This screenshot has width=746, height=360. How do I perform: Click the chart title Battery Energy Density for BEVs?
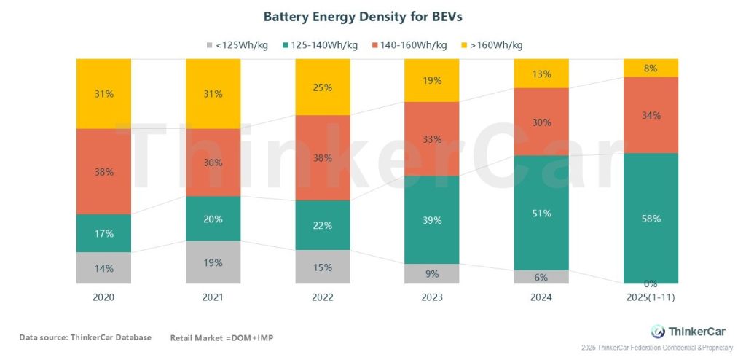372,15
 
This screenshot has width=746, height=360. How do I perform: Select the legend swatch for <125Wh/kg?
209,45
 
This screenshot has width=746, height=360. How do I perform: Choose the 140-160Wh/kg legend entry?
411,45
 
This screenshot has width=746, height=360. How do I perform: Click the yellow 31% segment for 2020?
103,93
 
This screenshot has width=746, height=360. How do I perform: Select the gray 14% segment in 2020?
103,268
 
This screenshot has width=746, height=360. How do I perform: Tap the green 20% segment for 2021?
213,219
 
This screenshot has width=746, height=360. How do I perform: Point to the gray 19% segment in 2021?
213,262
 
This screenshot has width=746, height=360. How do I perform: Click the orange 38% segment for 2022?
322,157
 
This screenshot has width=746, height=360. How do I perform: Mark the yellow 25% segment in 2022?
322,87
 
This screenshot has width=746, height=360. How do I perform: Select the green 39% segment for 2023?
431,220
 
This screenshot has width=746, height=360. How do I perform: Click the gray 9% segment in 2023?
431,274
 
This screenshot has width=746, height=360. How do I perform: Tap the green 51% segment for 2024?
541,213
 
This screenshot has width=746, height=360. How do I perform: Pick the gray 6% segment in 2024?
541,277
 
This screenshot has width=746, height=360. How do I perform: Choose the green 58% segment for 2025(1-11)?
651,219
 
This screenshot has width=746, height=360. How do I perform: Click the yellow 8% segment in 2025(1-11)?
651,68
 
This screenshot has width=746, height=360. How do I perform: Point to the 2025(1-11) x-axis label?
651,298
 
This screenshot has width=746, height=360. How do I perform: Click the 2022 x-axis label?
322,298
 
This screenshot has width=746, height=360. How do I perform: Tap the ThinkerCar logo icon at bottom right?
658,331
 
